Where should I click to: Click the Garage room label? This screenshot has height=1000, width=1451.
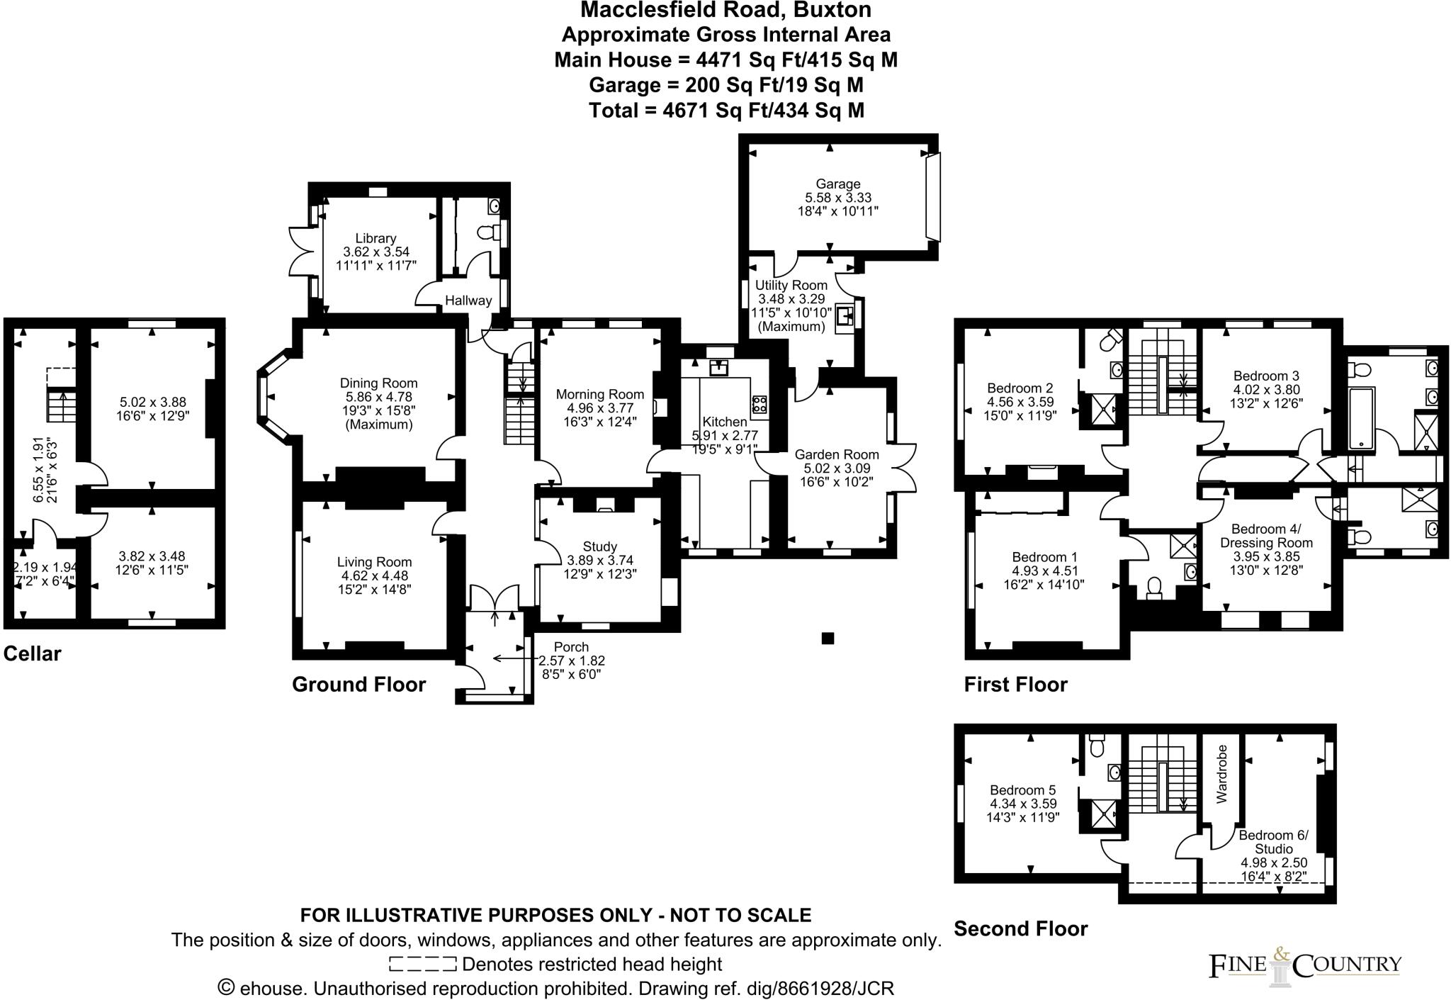pos(837,184)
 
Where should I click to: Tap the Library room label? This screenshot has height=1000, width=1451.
pos(376,239)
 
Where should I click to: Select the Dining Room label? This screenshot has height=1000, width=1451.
pos(378,383)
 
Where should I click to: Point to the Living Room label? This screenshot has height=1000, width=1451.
pos(374,563)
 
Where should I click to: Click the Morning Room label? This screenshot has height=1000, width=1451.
pos(599,395)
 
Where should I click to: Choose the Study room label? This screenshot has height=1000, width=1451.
pos(599,546)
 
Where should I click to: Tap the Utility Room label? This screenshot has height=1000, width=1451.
pos(791,285)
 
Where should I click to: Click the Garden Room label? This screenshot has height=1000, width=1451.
pos(836,455)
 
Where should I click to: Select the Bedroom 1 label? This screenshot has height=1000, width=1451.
pos(1044,558)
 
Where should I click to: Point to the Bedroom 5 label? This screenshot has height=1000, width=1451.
pos(1022,790)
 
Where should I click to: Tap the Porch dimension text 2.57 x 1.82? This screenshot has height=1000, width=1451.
pos(572,661)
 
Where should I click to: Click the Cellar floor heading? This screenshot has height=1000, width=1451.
pos(33,653)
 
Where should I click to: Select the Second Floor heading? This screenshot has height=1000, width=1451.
pos(1020,928)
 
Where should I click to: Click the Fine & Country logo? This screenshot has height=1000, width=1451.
pos(1304,965)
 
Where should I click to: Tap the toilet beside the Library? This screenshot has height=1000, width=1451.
pos(487,232)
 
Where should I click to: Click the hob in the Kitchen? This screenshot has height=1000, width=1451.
pos(759,404)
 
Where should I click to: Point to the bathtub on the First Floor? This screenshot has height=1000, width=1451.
pos(1362,419)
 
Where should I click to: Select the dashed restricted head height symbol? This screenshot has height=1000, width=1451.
pos(422,965)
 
